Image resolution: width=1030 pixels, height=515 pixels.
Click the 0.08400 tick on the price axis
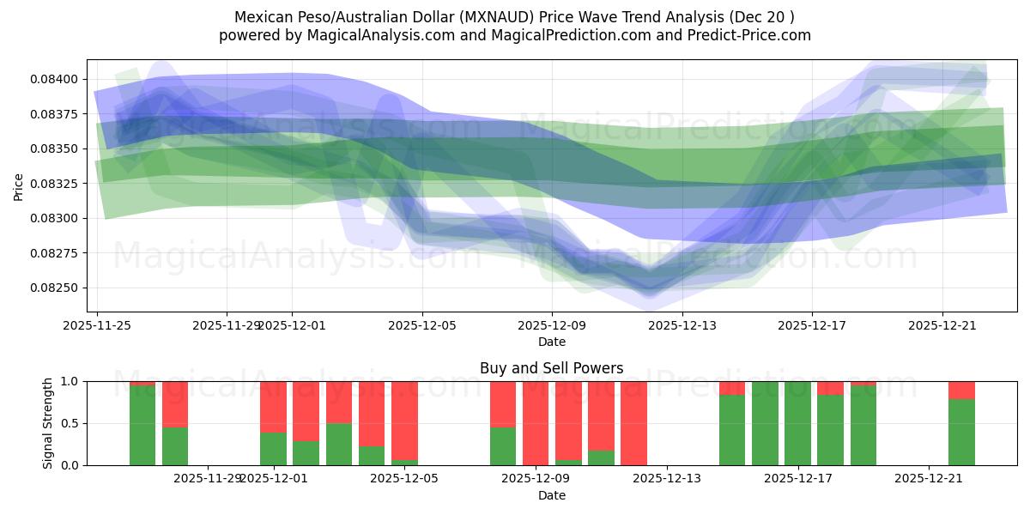point(56,79)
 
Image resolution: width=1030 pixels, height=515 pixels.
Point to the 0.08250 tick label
point(56,288)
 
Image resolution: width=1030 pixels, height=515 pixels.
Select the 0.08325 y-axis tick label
point(56,184)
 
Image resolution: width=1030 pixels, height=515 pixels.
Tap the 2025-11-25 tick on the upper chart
point(97,325)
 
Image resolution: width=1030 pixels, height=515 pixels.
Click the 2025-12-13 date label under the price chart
point(682,325)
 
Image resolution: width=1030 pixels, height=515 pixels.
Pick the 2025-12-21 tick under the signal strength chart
point(929,479)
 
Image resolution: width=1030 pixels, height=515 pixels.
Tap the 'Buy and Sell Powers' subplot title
point(551,368)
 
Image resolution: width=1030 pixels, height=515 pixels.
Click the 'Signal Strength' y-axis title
point(48,422)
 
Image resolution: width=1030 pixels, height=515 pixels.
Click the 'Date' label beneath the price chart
point(551,342)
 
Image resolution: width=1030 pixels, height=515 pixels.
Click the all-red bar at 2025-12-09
point(536,423)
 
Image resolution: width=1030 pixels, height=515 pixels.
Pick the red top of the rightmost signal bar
point(961,390)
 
